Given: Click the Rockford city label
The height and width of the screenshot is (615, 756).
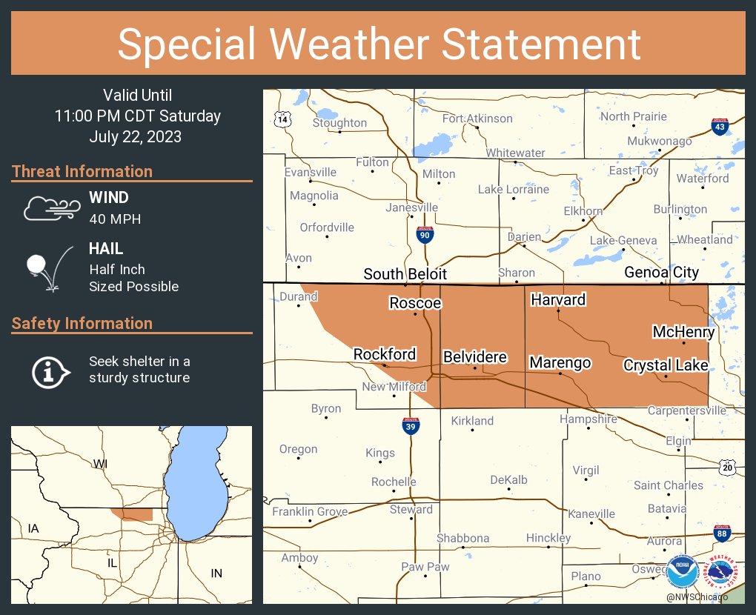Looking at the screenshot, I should click(x=384, y=354).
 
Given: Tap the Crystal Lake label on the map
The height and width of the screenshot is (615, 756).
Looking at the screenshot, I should click(x=666, y=365).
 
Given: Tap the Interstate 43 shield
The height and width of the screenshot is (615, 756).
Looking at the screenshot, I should click(x=719, y=126).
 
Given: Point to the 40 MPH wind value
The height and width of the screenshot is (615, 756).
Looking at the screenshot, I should click(x=115, y=219).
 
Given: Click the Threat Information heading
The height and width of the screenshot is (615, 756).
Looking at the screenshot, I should click(x=82, y=171).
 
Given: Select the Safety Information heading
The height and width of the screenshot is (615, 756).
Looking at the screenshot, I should click(x=82, y=323).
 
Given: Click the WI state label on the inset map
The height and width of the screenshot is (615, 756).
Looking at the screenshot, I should click(x=100, y=463).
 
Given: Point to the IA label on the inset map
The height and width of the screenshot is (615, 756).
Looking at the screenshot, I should click(x=33, y=528).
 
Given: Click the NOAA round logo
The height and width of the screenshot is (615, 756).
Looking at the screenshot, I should click(x=682, y=572).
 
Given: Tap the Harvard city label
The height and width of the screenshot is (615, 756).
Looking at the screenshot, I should click(x=558, y=299).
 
